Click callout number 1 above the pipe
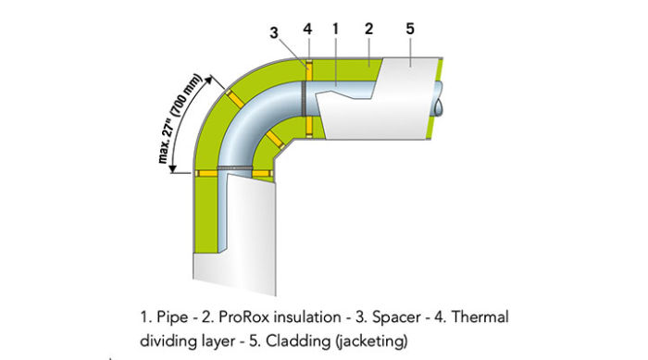click(x=335, y=29)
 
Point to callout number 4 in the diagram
click(x=307, y=29)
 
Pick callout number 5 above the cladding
click(x=409, y=29)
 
